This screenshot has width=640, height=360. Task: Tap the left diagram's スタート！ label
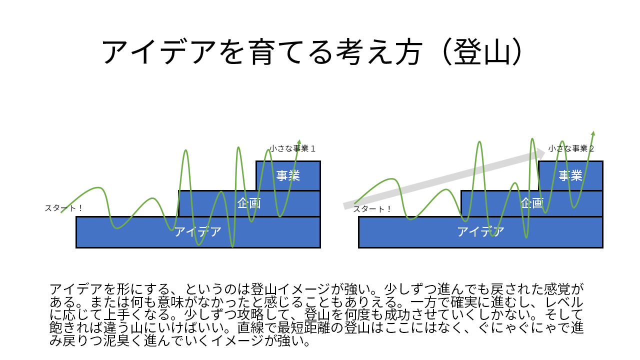click(64, 208)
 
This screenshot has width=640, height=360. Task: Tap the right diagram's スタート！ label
click(372, 209)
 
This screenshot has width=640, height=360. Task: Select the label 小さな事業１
click(292, 148)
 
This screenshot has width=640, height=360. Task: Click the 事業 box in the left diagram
click(288, 175)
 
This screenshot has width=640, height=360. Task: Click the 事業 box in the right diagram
click(570, 175)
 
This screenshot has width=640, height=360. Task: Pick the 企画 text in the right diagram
click(531, 203)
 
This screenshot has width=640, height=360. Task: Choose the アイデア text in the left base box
click(198, 232)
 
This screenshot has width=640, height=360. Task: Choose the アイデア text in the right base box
click(480, 232)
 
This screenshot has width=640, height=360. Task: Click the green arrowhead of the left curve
click(299, 142)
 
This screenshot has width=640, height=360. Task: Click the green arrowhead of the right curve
click(593, 134)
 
